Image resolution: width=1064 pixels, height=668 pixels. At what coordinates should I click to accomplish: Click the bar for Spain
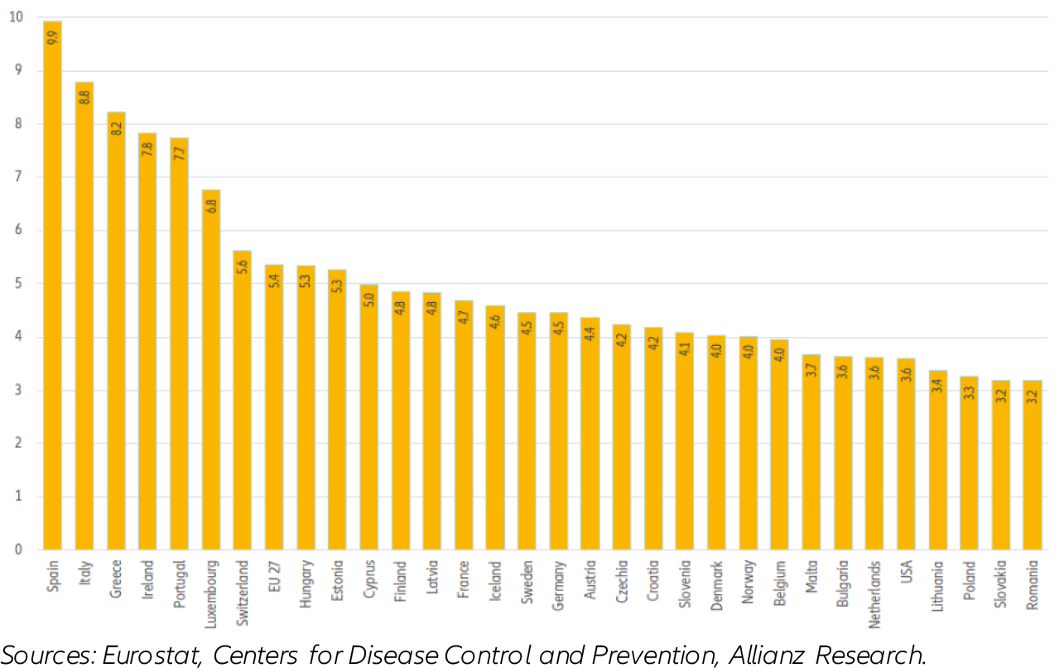tap(52, 286)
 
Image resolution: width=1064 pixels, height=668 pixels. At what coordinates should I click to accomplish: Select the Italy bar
tap(84, 315)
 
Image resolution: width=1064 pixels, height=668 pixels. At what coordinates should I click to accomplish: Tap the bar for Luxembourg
tap(211, 370)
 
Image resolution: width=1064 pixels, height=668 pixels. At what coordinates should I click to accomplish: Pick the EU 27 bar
tap(274, 407)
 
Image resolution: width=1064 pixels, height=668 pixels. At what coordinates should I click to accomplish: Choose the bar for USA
tap(906, 454)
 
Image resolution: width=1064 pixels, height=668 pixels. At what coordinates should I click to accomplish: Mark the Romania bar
tap(1033, 465)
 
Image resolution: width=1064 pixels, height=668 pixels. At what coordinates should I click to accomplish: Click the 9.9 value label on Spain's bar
tap(53, 37)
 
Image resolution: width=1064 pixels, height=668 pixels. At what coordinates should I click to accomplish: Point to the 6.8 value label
tap(211, 206)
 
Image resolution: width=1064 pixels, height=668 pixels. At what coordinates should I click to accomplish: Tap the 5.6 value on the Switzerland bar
tap(243, 267)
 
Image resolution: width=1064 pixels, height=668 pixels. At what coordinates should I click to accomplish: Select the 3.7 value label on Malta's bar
tap(811, 370)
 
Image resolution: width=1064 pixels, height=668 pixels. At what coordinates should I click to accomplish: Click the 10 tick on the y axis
tap(16, 17)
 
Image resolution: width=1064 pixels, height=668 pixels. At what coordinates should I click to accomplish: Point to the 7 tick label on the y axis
tap(18, 176)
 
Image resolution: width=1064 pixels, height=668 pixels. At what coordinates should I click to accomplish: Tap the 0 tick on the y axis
tap(18, 550)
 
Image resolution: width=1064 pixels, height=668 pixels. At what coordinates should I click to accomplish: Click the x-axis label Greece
tap(116, 579)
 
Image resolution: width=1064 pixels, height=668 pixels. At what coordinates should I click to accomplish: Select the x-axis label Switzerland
tap(243, 593)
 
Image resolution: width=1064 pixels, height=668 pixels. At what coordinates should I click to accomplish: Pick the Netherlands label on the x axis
tap(874, 594)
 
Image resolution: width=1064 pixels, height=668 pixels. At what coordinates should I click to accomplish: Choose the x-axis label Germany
tap(559, 585)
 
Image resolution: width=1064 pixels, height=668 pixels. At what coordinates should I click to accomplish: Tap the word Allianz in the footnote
tap(766, 656)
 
